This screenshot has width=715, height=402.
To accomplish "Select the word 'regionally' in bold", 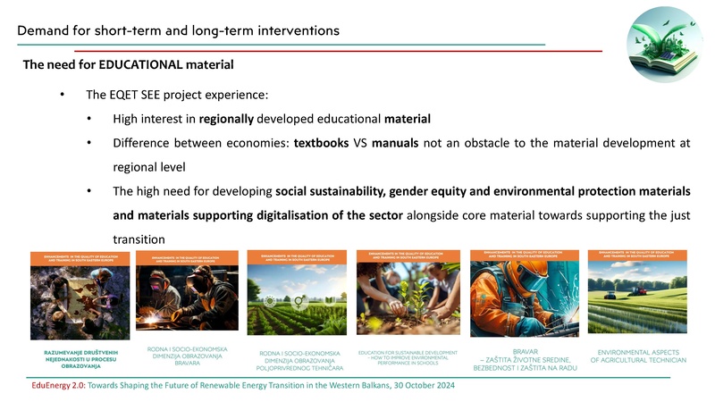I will click(x=228, y=119).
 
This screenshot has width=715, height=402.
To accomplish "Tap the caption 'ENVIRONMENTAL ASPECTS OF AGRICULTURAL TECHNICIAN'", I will click(x=637, y=355).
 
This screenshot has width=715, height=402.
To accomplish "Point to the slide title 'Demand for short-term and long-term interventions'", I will click(x=178, y=31).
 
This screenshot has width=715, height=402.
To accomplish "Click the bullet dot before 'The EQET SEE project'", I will click(x=62, y=95).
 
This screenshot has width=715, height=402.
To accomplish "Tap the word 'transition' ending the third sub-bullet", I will click(x=141, y=240).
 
